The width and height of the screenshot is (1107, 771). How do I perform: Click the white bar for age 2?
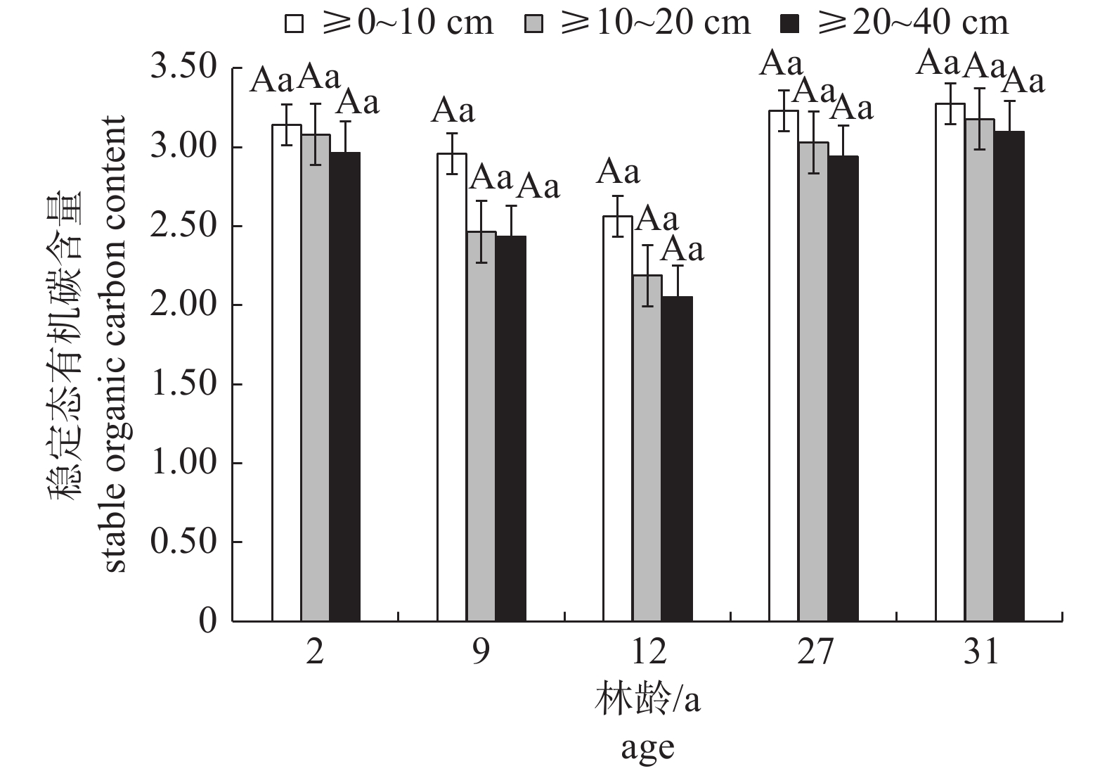pyautogui.click(x=287, y=373)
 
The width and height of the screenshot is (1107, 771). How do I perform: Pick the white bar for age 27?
pyautogui.click(x=784, y=366)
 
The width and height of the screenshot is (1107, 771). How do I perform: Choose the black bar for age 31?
pyautogui.click(x=1009, y=376)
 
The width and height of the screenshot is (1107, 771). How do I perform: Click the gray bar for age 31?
pyautogui.click(x=979, y=370)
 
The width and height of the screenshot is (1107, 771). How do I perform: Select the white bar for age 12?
pyautogui.click(x=618, y=419)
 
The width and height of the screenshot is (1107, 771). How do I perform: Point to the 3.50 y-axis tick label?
pyautogui.click(x=185, y=69)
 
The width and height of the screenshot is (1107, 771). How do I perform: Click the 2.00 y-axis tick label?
pyautogui.click(x=185, y=306)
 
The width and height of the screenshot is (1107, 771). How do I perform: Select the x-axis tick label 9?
pyautogui.click(x=481, y=653)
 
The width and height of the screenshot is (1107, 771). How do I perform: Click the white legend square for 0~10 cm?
pyautogui.click(x=294, y=24)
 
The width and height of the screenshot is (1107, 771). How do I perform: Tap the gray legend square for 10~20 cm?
pyautogui.click(x=534, y=24)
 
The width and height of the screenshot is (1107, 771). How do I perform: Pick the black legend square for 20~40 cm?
pyautogui.click(x=791, y=24)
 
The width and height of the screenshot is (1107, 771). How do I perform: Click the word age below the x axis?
pyautogui.click(x=647, y=748)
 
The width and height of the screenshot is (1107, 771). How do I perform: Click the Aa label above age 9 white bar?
pyautogui.click(x=453, y=110)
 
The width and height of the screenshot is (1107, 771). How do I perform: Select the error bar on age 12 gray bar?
pyautogui.click(x=647, y=275)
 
